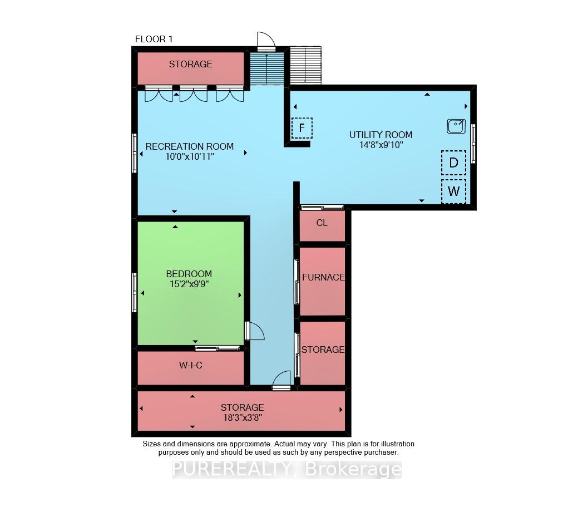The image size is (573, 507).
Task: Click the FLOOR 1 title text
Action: [x=154, y=39]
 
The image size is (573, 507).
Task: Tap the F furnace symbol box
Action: [x=302, y=128]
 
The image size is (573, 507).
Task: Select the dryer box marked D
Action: [x=453, y=163]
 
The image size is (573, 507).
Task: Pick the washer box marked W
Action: [x=453, y=191]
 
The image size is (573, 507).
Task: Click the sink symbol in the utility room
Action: [x=456, y=126]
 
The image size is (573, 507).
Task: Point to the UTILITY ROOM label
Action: [x=381, y=135]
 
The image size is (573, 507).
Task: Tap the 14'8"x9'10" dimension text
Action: [x=381, y=145]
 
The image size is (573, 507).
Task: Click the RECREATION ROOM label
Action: [x=189, y=146]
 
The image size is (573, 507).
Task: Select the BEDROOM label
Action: [x=189, y=274]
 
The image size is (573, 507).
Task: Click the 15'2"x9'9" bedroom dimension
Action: [x=189, y=284]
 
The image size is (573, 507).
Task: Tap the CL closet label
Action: [x=322, y=223]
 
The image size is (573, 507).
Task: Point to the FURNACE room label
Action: [x=323, y=278]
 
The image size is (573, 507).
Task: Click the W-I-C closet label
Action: [x=190, y=365]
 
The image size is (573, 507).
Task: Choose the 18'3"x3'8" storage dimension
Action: [x=243, y=417]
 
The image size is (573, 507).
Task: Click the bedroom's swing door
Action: [x=254, y=331]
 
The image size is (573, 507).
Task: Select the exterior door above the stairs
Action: [x=266, y=41]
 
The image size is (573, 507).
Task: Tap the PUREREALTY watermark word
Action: [x=231, y=469]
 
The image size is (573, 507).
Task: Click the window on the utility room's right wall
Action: [x=473, y=143]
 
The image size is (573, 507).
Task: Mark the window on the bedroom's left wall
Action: [x=134, y=292]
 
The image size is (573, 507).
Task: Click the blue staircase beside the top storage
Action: [x=267, y=68]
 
